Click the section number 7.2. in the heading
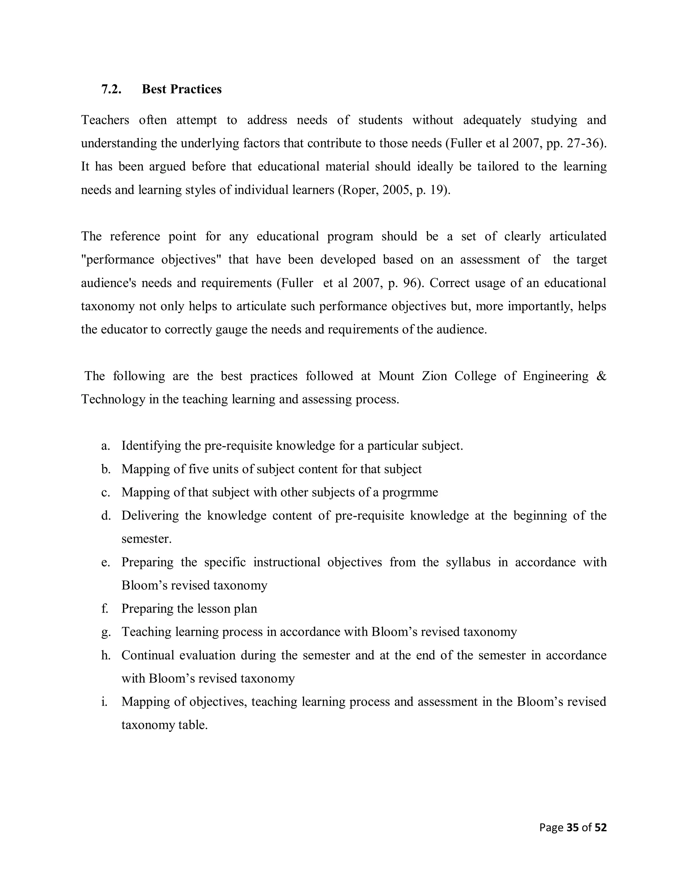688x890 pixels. coord(111,89)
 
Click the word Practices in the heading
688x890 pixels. coord(196,89)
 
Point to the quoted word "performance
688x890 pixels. coord(117,260)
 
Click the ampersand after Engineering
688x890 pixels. coord(601,376)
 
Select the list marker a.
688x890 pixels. coord(105,446)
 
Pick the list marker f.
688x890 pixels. coord(105,609)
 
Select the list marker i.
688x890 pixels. coord(104,701)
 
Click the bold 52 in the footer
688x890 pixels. coord(600,827)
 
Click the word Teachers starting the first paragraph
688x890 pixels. coord(105,120)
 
